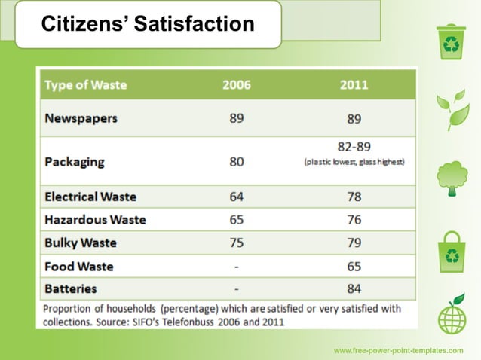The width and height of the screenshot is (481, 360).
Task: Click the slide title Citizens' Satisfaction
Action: point(147,24)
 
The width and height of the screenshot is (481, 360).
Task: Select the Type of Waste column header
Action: point(85,85)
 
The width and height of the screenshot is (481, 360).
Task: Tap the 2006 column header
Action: point(237,85)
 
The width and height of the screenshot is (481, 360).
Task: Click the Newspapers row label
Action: point(81,118)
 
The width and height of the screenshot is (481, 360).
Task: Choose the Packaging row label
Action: point(74,161)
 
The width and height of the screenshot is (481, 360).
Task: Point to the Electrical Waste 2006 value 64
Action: point(237,197)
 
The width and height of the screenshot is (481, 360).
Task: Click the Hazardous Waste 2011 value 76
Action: point(354,220)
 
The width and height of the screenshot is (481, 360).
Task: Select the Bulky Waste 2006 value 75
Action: point(237,243)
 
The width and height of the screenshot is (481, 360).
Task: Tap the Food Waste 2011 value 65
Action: point(354,267)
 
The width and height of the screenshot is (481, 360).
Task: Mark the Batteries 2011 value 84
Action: point(354,288)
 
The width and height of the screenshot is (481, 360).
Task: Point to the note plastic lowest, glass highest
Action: point(354,162)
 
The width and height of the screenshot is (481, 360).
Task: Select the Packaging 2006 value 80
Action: point(237,161)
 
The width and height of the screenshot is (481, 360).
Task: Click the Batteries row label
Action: point(70,288)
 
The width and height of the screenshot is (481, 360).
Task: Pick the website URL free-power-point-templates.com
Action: point(398,351)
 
